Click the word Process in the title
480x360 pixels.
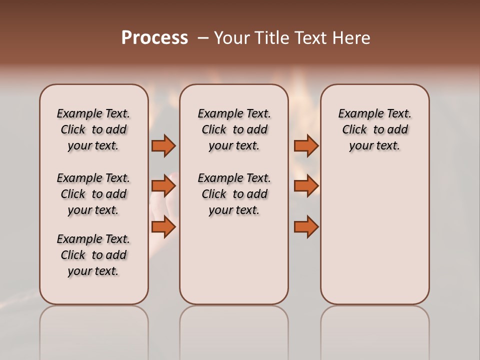(x=154, y=38)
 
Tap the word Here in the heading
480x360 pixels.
(x=351, y=38)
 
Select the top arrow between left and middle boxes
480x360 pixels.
(x=163, y=145)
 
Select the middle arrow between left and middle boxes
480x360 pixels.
(x=163, y=186)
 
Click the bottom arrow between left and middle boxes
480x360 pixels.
(x=163, y=227)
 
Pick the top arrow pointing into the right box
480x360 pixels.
(x=306, y=145)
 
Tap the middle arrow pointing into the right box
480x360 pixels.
(x=306, y=186)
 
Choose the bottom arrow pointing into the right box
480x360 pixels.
(x=306, y=227)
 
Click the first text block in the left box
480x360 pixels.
(x=93, y=129)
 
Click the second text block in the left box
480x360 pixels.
(x=93, y=194)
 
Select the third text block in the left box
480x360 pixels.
(x=93, y=255)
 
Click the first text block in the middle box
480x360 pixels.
(x=234, y=129)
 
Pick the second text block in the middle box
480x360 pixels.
(x=234, y=194)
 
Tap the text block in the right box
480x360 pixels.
(x=375, y=129)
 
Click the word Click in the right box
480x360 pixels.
(x=354, y=130)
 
